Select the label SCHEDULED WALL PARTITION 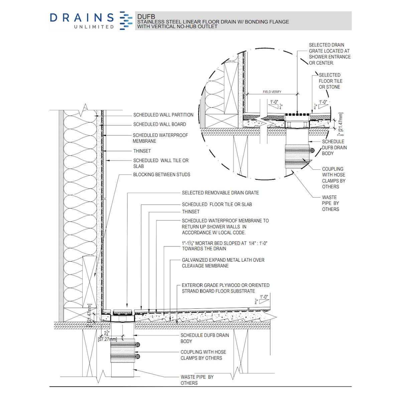(163, 115)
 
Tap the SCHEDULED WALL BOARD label (159, 124)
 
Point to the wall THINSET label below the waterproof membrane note (142, 151)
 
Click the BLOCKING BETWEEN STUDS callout (161, 175)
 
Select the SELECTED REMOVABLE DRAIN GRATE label (220, 193)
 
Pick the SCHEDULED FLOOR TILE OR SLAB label (217, 205)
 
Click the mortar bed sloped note (224, 246)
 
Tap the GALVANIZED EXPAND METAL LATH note (223, 263)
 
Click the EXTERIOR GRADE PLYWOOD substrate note (225, 288)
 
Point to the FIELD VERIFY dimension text (272, 92)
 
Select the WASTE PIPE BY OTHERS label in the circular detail (330, 203)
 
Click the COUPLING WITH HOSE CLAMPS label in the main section (203, 355)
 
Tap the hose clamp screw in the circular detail (312, 150)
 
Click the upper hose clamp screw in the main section (137, 345)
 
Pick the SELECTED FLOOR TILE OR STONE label (330, 81)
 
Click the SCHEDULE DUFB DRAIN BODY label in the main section (205, 338)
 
